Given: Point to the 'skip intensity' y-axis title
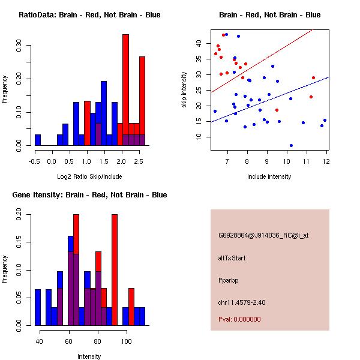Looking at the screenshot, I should coord(185,90).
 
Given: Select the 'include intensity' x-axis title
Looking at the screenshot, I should coord(269,176).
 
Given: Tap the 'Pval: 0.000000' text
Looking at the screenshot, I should coord(239,319).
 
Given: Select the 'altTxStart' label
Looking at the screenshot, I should coord(232,258).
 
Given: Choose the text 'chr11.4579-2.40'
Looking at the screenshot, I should coord(241,302).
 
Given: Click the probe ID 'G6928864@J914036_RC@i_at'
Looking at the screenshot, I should coord(263,236).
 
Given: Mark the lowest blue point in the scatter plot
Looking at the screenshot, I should coord(291,145).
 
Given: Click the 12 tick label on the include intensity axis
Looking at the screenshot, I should coord(326,161).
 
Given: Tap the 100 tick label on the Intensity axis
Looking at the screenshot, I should coord(126,341).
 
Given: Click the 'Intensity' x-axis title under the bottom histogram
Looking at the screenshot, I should coord(89,356).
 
